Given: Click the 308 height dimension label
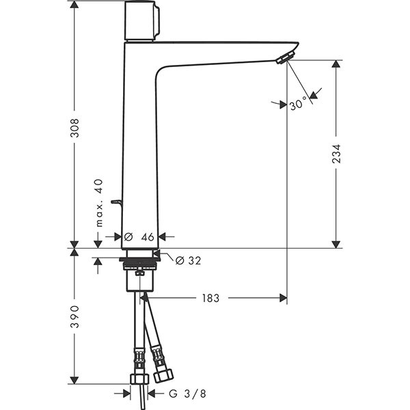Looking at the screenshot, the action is tap(75, 128).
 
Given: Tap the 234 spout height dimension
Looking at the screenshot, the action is tap(336, 154).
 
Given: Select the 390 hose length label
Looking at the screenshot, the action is tap(75, 316).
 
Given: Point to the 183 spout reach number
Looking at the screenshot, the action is tap(210, 298).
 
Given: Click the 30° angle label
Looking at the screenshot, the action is tap(298, 103).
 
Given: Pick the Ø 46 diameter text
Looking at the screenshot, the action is tap(139, 237).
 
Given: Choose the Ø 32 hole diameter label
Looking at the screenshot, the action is tap(189, 260).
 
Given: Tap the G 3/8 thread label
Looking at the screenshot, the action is tap(187, 394).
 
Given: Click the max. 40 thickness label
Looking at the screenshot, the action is tap(99, 203).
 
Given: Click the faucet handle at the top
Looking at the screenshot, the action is tap(141, 21).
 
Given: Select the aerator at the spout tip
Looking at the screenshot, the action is tap(286, 57).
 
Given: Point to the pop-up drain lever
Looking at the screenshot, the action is tap(117, 204).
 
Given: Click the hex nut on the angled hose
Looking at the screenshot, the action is tap(163, 375).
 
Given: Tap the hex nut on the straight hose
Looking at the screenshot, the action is tap(139, 379).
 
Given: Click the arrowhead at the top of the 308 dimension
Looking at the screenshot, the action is tap(74, 5).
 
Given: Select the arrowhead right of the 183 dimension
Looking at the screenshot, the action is tap(283, 298).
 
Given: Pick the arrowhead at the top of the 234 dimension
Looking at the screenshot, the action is tap(336, 64).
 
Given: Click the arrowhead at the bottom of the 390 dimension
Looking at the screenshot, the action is tap(74, 380).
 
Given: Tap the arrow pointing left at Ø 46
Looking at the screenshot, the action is tap(163, 237).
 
